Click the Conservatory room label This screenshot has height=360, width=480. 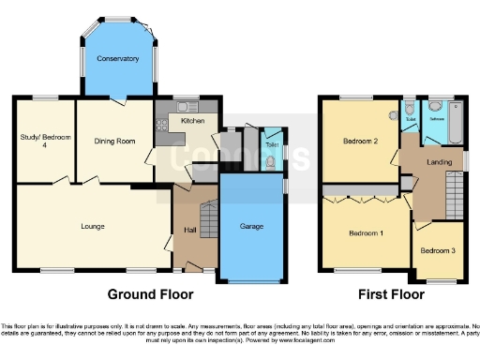[118, 59]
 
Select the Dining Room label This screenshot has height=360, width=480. [114, 141]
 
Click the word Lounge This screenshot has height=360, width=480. [92, 226]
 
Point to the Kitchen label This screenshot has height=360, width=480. [192, 121]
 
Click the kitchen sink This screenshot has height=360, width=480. [184, 104]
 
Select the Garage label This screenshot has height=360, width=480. [250, 227]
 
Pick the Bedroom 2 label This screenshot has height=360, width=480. [360, 141]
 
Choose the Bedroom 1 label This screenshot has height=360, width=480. [366, 232]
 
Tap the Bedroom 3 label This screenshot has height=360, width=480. [438, 251]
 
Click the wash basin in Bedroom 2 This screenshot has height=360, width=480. [394, 117]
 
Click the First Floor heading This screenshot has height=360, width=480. [388, 293]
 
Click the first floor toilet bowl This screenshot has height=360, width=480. [411, 130]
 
